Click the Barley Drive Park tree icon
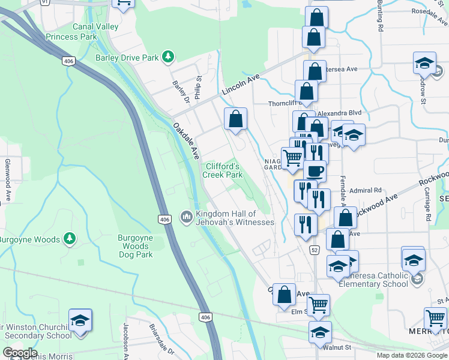(169, 58)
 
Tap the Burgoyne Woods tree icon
(70, 239)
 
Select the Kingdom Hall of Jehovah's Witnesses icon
(187, 215)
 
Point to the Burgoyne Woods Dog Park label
(135, 246)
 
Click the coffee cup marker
(315, 171)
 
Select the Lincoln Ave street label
(240, 85)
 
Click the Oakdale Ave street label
(186, 140)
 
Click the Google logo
(20, 353)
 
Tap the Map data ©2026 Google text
(411, 355)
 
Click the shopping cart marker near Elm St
(318, 305)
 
